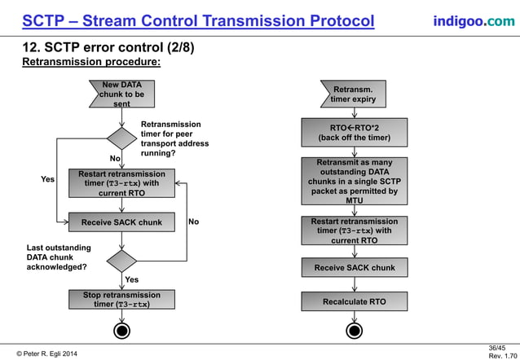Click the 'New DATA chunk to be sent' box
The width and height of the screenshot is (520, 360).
[121, 94]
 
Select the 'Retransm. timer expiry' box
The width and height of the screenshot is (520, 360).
[353, 94]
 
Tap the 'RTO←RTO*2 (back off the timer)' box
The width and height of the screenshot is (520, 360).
[354, 133]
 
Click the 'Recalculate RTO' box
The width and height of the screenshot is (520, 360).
[354, 301]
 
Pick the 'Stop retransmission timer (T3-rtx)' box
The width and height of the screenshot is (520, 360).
[121, 300]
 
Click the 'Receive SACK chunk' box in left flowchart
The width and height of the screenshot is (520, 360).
[121, 222]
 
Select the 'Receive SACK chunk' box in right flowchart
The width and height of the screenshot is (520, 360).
[354, 267]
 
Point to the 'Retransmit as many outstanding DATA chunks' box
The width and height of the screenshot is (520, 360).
[354, 181]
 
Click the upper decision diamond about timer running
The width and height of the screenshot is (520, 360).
[121, 138]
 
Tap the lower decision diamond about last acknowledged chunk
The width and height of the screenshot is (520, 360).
[121, 261]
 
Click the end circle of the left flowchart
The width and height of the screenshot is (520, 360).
[121, 331]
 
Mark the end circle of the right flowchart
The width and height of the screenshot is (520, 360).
[354, 331]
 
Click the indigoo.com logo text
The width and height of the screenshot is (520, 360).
[474, 20]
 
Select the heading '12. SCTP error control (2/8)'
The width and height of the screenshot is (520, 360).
[108, 48]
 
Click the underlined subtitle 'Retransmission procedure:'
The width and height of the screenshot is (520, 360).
[90, 62]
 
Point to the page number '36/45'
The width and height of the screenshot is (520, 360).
[496, 347]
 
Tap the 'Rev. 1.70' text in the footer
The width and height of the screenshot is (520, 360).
[496, 356]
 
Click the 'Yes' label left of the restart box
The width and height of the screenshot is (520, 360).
[48, 178]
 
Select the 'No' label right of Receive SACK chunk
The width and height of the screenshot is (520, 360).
[193, 222]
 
